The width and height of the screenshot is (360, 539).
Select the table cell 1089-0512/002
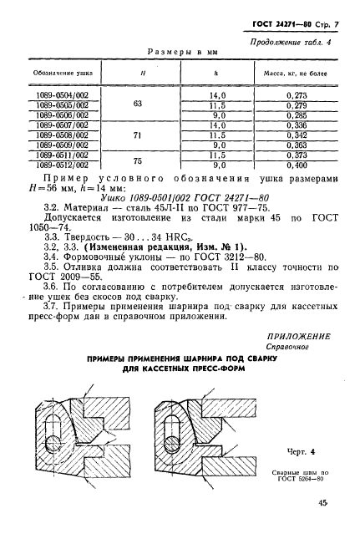tap(63, 165)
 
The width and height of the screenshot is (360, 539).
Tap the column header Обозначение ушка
tap(63, 75)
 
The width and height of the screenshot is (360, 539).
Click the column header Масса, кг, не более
tap(297, 75)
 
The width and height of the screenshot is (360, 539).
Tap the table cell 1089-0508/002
tap(63, 135)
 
